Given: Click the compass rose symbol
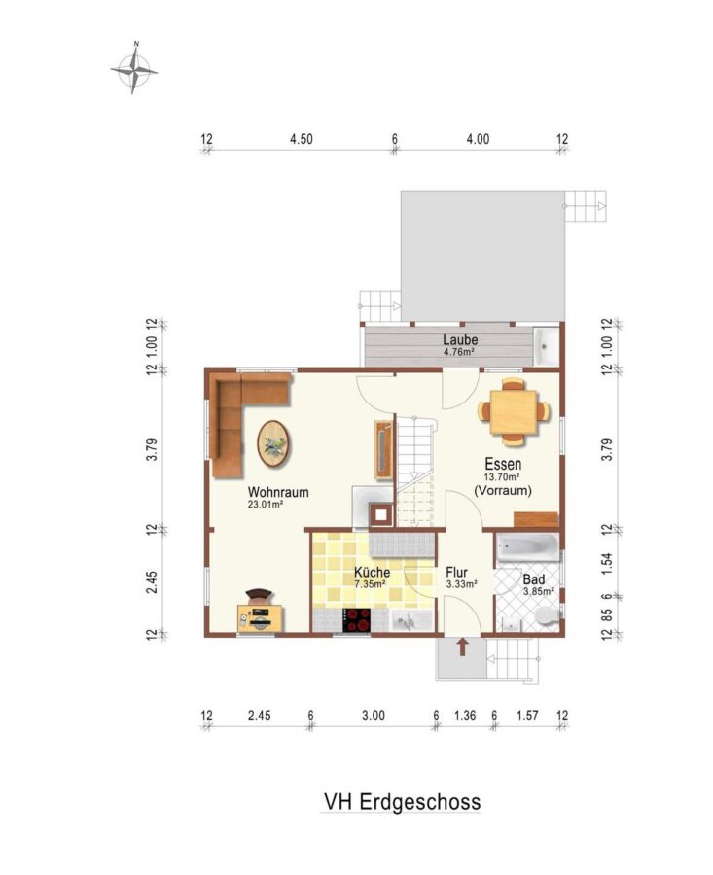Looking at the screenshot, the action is point(133,70).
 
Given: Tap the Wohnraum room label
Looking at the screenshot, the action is point(278,492).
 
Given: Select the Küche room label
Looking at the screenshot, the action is point(372,573).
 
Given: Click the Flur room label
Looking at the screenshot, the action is point(456,573).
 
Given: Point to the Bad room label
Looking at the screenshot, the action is point(533,579).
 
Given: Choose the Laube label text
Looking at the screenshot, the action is point(460,339).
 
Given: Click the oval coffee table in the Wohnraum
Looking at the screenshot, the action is point(273,443).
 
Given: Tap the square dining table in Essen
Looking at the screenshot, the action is point(514,412).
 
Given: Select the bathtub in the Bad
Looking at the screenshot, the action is point(527,546).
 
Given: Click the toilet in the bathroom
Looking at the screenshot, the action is point(546,616).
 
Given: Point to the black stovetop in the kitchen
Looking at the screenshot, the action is point(357,619).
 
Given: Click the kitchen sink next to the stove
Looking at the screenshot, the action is point(410,620).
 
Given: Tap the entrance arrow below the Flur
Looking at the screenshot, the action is point(462,647).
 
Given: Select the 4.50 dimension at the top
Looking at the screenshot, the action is point(301,139).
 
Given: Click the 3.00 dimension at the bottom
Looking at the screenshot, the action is point(373,716).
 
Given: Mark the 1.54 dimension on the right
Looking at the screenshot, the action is point(608,563).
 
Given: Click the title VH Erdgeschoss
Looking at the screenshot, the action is point(402,801).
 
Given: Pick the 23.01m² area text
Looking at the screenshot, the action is point(266,505).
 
